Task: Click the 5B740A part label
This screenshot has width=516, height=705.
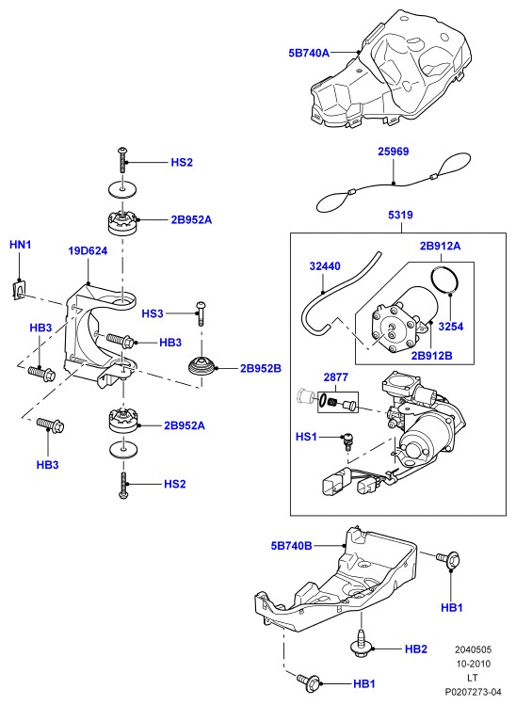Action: pos(309,53)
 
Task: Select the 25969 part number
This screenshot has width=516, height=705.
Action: pos(394,152)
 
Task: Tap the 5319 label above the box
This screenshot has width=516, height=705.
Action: pos(400,215)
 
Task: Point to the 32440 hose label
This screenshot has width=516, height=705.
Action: pos(325,266)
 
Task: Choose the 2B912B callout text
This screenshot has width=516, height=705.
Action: pos(432,356)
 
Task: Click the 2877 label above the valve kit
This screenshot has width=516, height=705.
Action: pos(335,377)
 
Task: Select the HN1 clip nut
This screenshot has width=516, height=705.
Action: pos(18,290)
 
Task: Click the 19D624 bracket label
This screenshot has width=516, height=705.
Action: pos(88,251)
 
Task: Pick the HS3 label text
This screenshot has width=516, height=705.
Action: pos(153,313)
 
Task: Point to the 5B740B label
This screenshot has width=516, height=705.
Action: pos(292,546)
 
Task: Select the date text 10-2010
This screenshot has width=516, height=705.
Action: pos(473,664)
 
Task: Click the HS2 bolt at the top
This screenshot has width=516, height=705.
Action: pos(122,160)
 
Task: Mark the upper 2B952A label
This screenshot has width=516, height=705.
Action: pos(191,220)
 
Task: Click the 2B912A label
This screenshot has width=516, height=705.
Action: pos(441,246)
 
